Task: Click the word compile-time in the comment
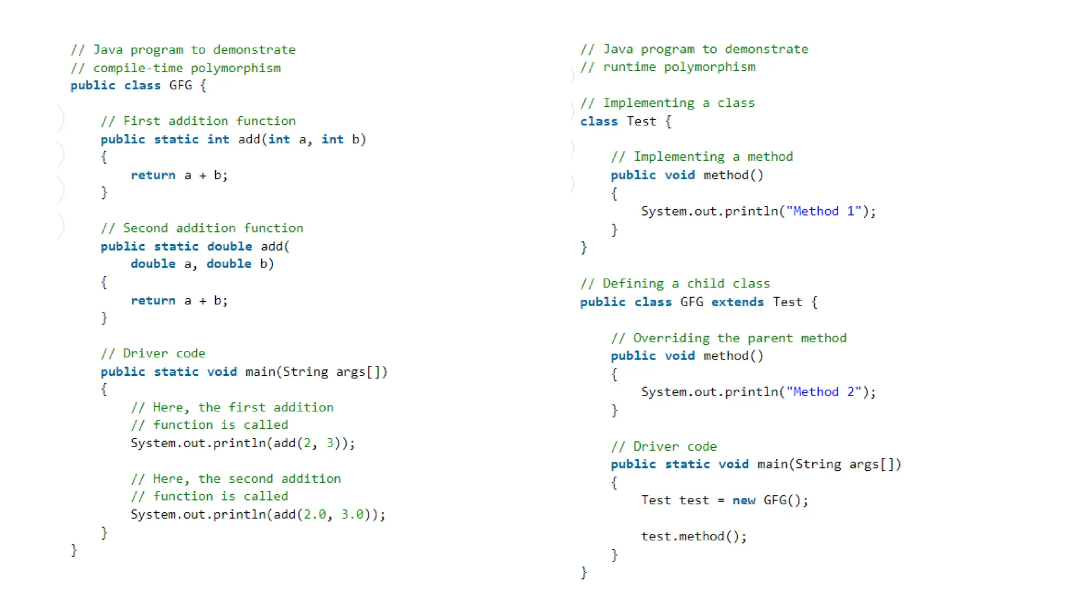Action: tap(138, 68)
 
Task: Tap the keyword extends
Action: tap(737, 302)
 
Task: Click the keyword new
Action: tap(744, 501)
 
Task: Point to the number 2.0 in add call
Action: tap(315, 515)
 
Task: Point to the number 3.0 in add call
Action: tap(352, 515)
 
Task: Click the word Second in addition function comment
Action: tap(145, 228)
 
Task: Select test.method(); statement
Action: tap(693, 537)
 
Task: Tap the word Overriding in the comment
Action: tap(671, 338)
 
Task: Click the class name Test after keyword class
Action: tap(641, 122)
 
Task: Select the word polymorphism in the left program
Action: tap(236, 68)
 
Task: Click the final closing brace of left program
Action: tap(74, 551)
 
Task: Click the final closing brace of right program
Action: tap(584, 573)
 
